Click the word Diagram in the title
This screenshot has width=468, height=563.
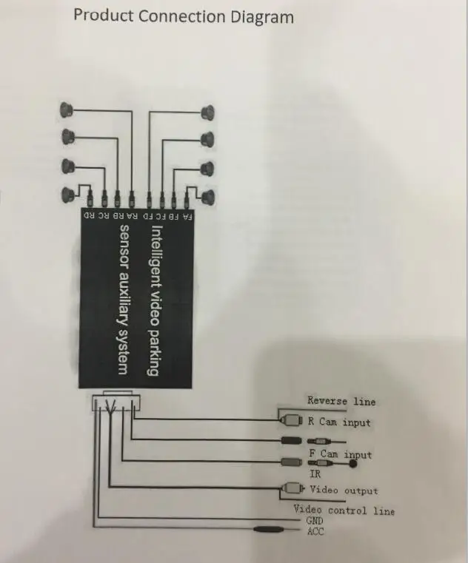click(x=262, y=17)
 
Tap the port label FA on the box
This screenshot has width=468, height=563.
click(x=187, y=217)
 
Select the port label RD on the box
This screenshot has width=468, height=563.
click(x=89, y=215)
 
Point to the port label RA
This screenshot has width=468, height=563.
click(x=132, y=216)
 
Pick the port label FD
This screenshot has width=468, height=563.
click(x=148, y=216)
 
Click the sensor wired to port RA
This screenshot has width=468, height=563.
click(x=67, y=109)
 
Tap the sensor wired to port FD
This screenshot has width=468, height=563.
click(x=208, y=112)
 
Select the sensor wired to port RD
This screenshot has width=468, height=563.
click(x=68, y=194)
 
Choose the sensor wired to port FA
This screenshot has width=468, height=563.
click(x=208, y=197)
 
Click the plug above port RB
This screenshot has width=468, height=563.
click(x=117, y=198)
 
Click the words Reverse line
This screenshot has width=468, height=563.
click(x=341, y=401)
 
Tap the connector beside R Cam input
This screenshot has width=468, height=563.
click(x=291, y=420)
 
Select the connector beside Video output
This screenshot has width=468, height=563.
click(x=292, y=488)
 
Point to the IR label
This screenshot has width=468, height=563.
click(x=315, y=474)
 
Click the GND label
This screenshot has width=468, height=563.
click(x=315, y=520)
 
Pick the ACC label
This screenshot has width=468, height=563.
click(x=315, y=531)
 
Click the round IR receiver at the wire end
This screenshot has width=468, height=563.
click(x=353, y=464)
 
